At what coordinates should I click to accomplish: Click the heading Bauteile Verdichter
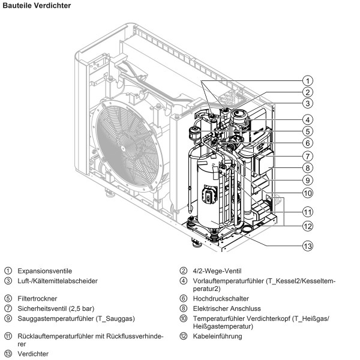[x=37, y=5]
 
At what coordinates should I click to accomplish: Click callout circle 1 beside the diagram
[x=307, y=80]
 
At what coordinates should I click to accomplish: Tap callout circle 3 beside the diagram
[x=307, y=103]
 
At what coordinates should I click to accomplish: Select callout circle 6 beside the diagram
[x=307, y=143]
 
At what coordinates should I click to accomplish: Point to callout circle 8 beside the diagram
[x=307, y=168]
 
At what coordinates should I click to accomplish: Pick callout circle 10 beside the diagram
[x=307, y=193]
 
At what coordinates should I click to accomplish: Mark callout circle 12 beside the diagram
[x=307, y=226]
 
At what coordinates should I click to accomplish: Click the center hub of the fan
[x=124, y=148]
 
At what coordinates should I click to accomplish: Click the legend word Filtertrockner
[x=37, y=298]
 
